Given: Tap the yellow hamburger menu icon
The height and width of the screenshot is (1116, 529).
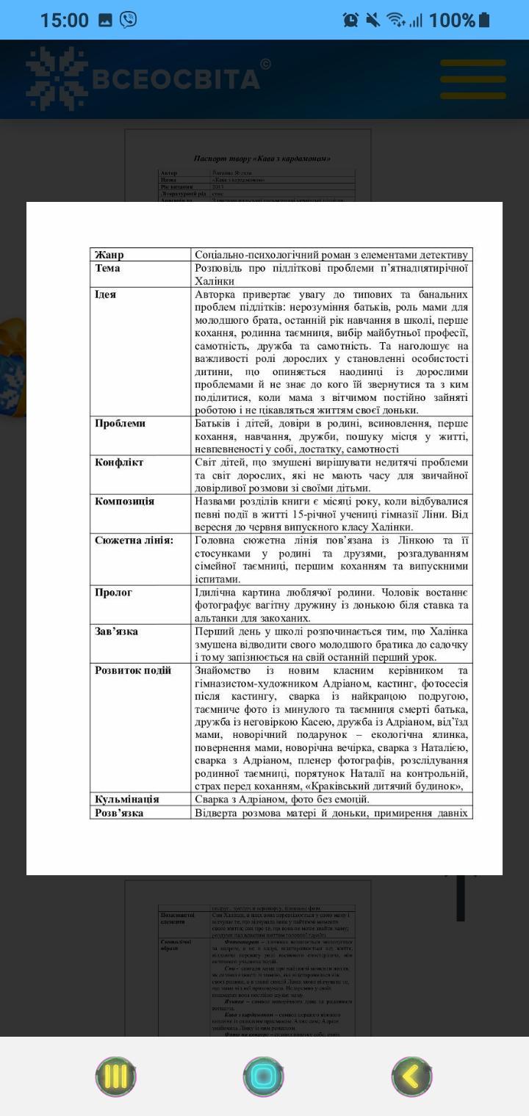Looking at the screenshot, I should coord(473,79).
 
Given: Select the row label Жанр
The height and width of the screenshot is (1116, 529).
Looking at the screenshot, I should coord(109,255).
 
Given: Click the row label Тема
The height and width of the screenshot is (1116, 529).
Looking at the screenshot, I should coord(107,268).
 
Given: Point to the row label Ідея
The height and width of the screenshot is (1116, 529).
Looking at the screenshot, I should coord(106,294).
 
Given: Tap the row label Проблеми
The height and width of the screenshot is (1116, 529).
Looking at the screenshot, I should coord(120,424).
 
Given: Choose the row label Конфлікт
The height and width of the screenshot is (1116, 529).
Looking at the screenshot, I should coord(119,463).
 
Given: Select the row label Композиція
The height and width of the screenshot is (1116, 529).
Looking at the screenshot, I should coord(125,501).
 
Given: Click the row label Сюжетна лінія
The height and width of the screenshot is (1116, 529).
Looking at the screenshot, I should coord(134,540).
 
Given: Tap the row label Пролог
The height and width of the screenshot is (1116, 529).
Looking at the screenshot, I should coord(114,593).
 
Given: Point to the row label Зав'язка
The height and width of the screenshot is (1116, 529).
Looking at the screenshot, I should coord(117,631).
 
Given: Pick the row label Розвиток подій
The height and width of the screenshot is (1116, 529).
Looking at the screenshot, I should coord(133,670).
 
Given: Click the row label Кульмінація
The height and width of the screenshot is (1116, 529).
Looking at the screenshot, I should coord(127,799).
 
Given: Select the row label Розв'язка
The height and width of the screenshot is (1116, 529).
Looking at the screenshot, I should coord(119,813).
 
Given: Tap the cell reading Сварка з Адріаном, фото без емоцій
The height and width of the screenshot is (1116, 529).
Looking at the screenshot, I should coord(282,799).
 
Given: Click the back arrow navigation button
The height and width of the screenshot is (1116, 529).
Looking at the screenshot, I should coord(411,1076).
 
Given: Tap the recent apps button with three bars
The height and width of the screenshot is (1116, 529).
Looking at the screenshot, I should coord(116,1076).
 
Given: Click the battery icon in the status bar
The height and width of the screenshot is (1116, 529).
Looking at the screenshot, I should coord(483,20).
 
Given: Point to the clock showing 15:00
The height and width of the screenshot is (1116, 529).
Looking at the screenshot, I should coord(64,20).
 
